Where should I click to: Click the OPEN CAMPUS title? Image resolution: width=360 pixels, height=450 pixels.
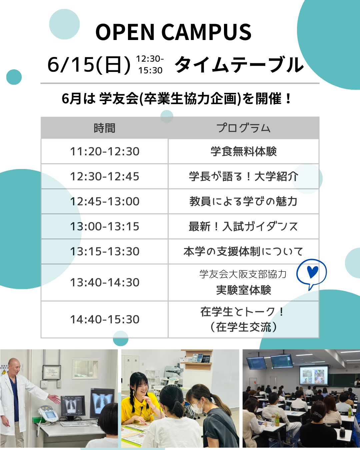(173, 32)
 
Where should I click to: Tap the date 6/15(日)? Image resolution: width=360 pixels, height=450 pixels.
(89, 65)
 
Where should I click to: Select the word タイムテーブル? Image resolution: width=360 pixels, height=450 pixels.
(239, 65)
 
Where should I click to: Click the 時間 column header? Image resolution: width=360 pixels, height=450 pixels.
(104, 128)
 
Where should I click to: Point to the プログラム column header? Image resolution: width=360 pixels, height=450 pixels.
(243, 128)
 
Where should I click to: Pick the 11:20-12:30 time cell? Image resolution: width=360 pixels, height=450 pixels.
(105, 151)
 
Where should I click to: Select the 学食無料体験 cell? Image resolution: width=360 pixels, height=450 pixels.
(243, 151)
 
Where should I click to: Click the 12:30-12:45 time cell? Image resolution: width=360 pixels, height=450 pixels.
(105, 176)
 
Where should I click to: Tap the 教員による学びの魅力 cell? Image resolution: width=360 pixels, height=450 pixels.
(243, 201)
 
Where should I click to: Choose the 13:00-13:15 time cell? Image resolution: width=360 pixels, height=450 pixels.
(105, 226)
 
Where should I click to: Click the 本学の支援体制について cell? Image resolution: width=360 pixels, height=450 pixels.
(243, 251)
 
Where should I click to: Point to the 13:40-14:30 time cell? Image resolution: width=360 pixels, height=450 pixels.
(105, 283)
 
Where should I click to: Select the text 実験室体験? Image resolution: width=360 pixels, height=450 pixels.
(243, 290)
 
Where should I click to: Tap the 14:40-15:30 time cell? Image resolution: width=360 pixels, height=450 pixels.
(105, 320)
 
